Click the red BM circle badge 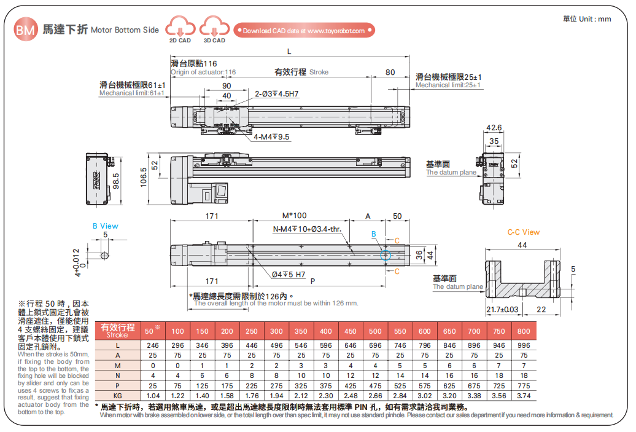[x=25, y=29]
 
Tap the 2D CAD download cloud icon [x=180, y=27]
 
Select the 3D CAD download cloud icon [x=214, y=27]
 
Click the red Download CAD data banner [x=304, y=31]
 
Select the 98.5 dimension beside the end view [x=116, y=181]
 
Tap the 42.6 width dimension [x=494, y=128]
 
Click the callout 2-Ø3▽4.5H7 [x=277, y=94]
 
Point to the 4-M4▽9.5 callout [x=271, y=137]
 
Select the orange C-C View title [x=523, y=232]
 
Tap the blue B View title [x=106, y=226]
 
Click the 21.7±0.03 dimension [x=502, y=309]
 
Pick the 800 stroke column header [x=523, y=331]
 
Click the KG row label [x=117, y=396]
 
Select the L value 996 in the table [x=523, y=345]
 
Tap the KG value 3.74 [x=523, y=396]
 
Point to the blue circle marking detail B [x=386, y=254]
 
